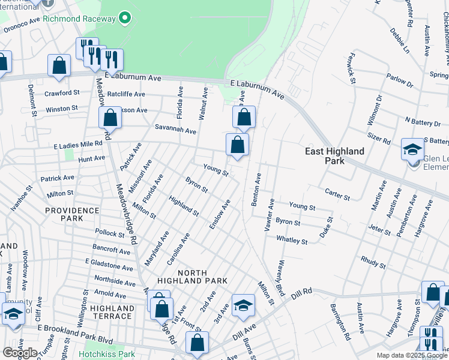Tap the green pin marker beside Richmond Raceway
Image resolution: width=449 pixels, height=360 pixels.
click(x=125, y=18)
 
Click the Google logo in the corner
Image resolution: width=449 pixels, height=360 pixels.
click(x=19, y=353)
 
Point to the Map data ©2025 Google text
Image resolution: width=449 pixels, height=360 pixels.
click(x=411, y=355)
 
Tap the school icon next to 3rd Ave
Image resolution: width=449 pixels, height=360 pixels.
click(x=243, y=306)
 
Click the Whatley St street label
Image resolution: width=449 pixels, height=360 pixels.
click(x=292, y=241)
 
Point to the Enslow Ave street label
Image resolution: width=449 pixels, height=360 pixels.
click(x=219, y=217)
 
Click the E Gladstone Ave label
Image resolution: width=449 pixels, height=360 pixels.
click(x=109, y=265)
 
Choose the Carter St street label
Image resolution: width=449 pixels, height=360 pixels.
click(x=337, y=196)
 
